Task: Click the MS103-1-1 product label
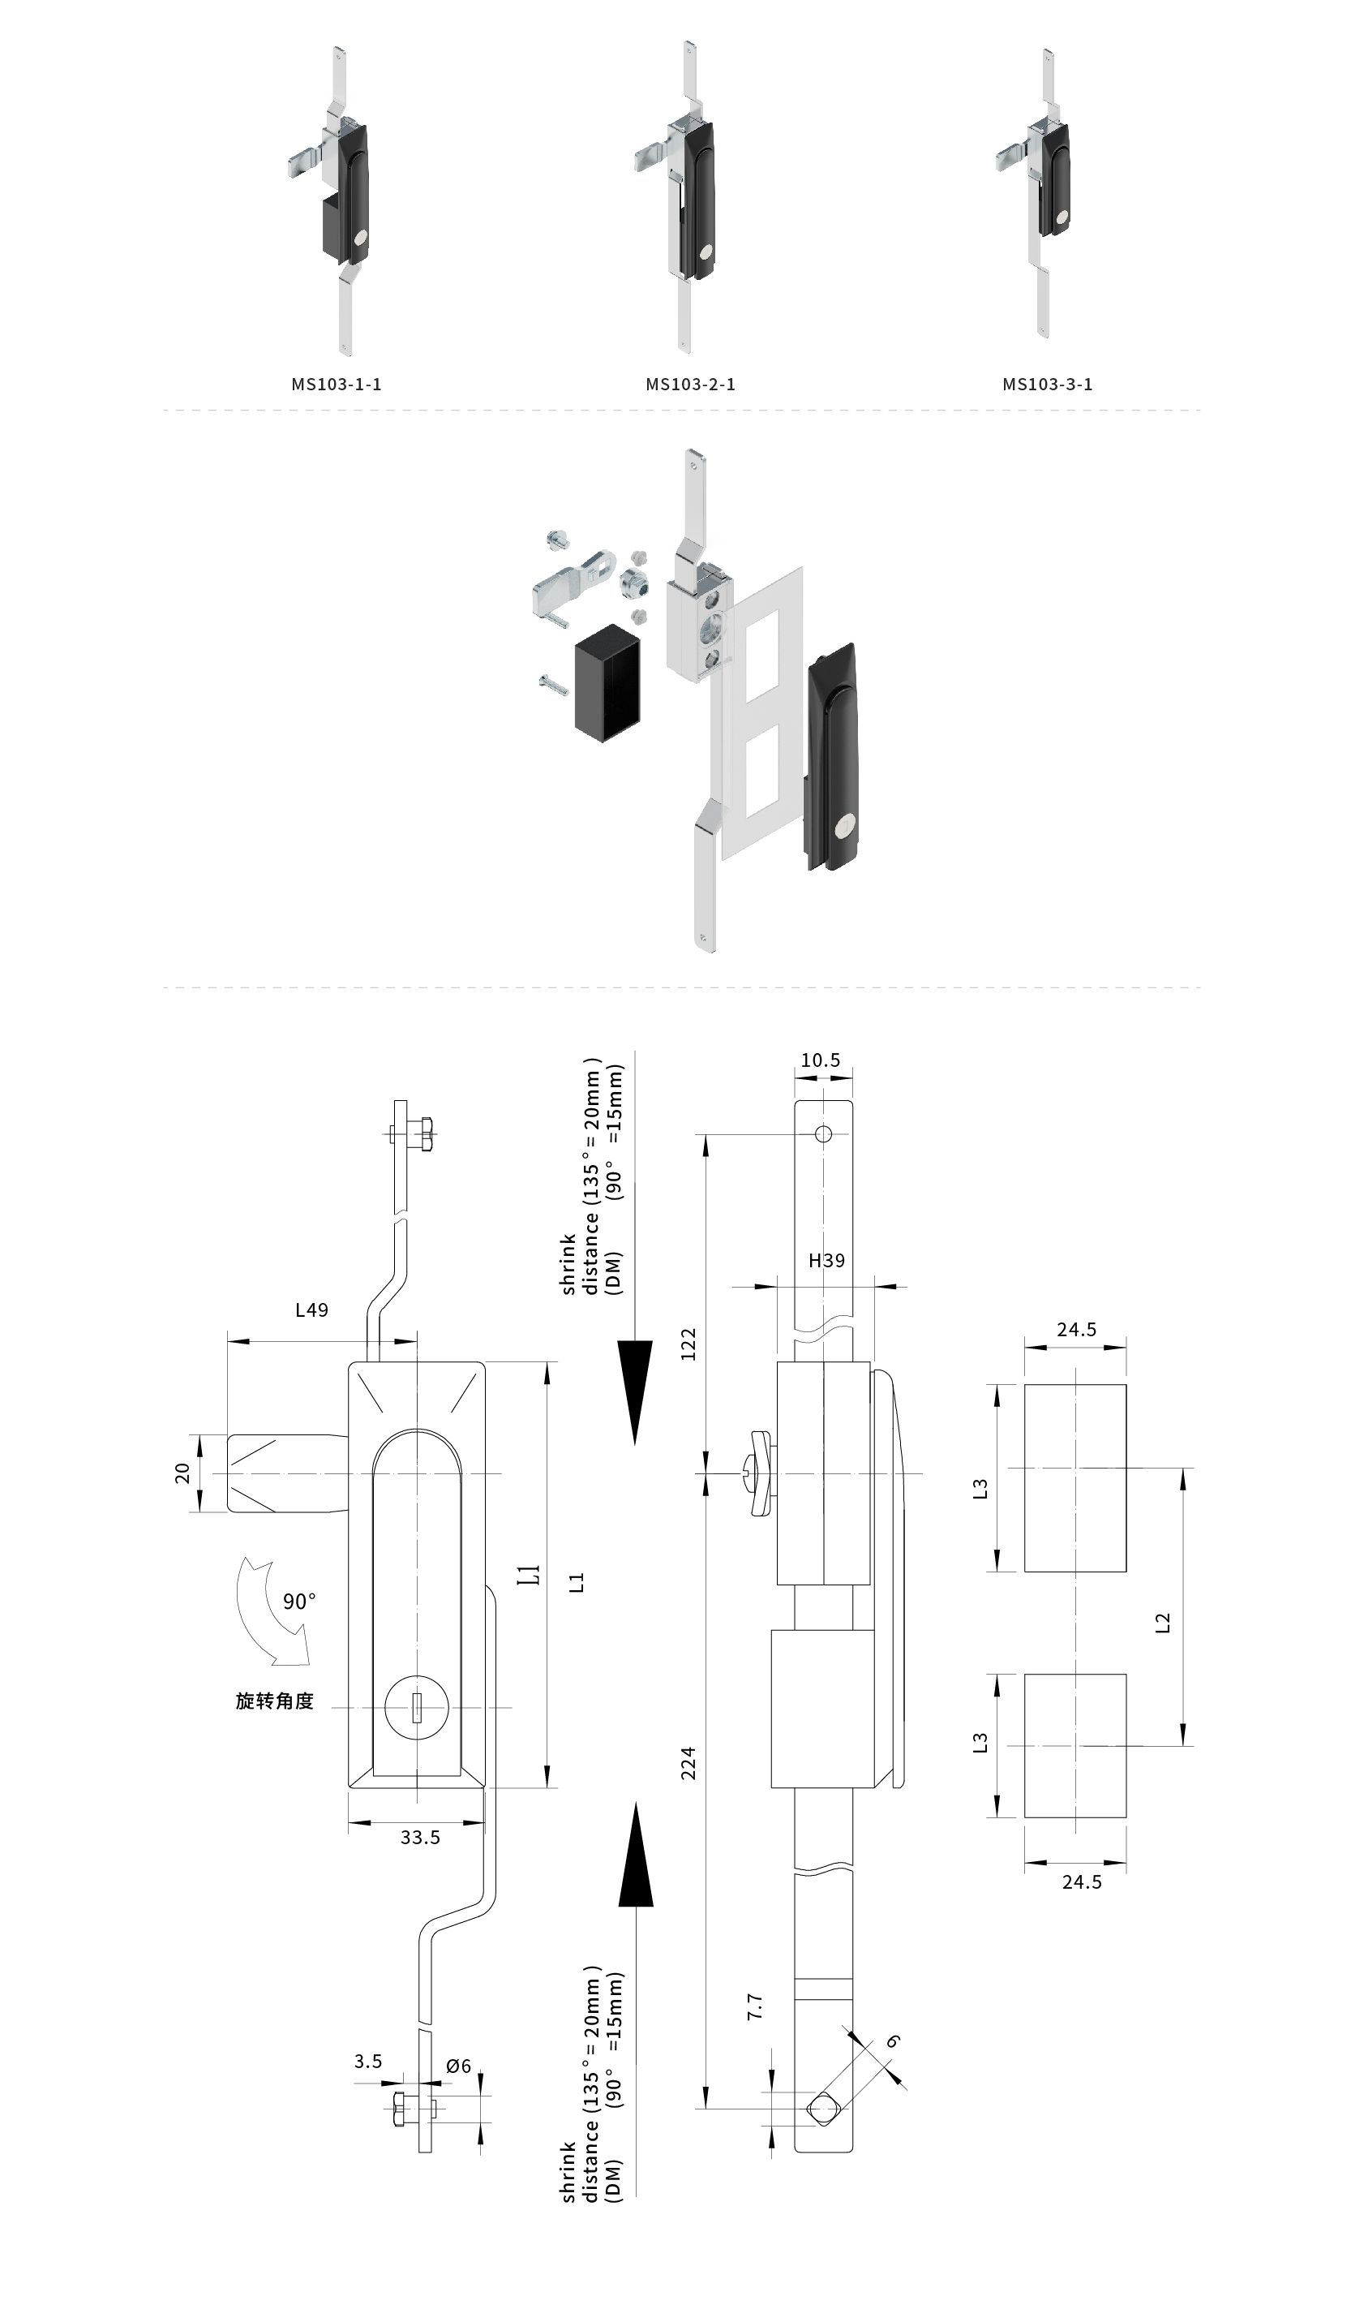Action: click(337, 385)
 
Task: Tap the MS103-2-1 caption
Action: click(690, 385)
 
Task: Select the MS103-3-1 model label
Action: click(1048, 385)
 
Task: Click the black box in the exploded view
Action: click(607, 683)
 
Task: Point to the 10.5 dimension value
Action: click(820, 1060)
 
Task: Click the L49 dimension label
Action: click(311, 1309)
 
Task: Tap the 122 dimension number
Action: click(688, 1344)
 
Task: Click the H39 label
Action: click(826, 1261)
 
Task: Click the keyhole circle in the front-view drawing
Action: click(416, 1707)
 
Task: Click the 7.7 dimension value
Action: click(755, 2006)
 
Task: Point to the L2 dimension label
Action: click(1163, 1623)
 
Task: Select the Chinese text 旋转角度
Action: click(275, 1701)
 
